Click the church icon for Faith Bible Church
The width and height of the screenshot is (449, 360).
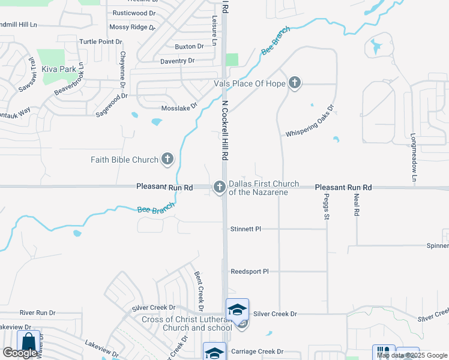tap(167, 160)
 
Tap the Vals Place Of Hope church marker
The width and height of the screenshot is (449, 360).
tap(295, 83)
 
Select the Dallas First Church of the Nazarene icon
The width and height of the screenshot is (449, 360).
tap(220, 188)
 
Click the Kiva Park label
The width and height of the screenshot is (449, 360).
tap(59, 69)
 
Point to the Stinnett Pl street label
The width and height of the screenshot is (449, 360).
tap(246, 229)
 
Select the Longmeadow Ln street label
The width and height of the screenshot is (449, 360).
tap(414, 157)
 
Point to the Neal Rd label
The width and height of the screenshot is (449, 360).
tap(356, 205)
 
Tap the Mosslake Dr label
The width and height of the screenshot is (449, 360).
tap(179, 108)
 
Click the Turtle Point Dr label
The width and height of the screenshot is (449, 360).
tap(101, 41)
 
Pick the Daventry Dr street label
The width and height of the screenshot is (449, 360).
tap(177, 61)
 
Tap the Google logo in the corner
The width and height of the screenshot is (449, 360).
tap(20, 353)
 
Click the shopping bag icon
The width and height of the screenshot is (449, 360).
tap(28, 342)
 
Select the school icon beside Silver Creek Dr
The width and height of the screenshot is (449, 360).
tap(237, 310)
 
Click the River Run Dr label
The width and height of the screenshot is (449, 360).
tap(37, 313)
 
